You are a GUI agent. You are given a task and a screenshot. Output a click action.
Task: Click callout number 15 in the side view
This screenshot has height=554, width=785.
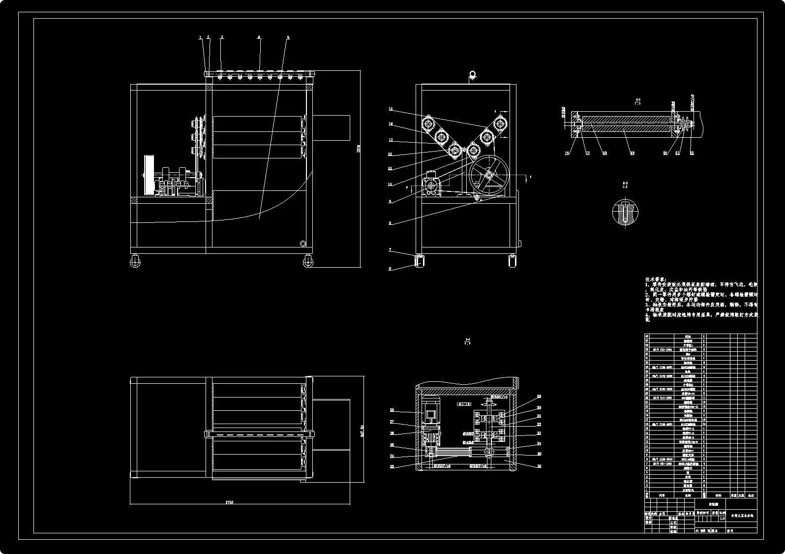coord(391,109)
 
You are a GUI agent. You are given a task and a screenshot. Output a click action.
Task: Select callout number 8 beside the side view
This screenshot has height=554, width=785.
coord(390,223)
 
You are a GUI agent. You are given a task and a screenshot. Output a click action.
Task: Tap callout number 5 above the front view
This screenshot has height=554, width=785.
coord(288,37)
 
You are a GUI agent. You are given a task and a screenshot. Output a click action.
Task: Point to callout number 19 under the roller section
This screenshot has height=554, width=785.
coord(633,153)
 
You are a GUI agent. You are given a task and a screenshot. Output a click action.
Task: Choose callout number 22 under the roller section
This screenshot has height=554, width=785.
coord(692,153)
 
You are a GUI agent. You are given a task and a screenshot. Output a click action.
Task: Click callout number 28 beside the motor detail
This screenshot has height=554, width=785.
coord(392,410)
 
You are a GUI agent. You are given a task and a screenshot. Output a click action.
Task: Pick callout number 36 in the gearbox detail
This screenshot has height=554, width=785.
coord(539,466)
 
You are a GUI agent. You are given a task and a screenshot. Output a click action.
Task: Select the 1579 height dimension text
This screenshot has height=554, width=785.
coord(359,148)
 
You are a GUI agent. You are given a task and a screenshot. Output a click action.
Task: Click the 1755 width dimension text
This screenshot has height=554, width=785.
coord(229,502)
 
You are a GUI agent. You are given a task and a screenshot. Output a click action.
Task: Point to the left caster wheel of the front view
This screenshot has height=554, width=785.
coord(135,261)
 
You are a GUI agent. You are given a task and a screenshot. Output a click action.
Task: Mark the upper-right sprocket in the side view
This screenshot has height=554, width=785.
coord(501,122)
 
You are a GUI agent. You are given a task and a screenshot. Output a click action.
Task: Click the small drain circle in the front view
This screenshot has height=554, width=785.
coord(302,243)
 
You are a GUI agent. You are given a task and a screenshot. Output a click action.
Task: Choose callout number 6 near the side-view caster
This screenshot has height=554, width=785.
coord(390,269)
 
